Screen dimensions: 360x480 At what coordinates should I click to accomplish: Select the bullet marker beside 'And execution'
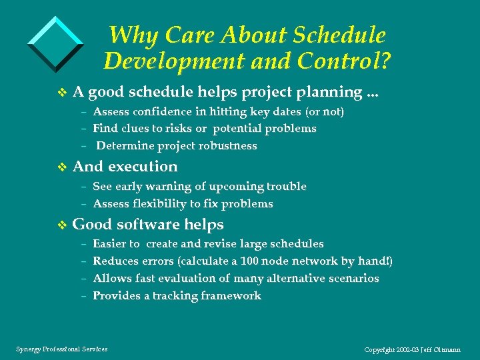[63, 167]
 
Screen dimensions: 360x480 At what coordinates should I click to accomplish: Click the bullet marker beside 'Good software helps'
[63, 225]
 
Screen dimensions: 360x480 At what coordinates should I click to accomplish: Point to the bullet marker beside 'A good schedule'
[63, 92]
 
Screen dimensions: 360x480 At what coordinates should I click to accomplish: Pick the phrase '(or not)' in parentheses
[325, 111]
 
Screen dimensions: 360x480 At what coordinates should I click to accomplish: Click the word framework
[229, 295]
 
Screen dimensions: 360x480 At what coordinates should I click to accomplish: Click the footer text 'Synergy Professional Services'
[61, 349]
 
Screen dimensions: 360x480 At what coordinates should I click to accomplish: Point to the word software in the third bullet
[148, 225]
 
